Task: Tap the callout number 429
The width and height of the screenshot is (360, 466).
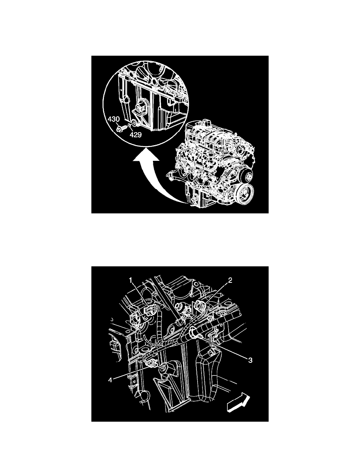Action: [136, 134]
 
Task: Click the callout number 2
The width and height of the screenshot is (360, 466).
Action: [231, 281]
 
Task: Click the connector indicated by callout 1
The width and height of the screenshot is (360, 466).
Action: [151, 312]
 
